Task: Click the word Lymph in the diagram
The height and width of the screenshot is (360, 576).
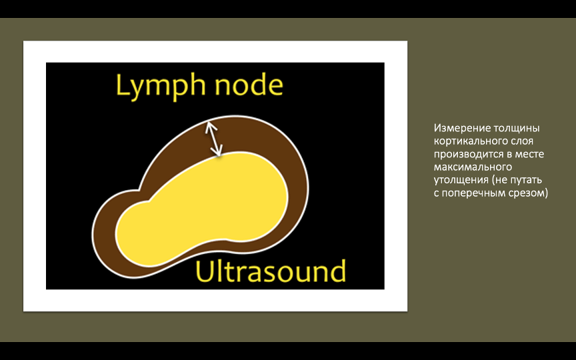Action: tap(161, 87)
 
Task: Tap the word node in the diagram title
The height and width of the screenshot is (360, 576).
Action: tap(249, 85)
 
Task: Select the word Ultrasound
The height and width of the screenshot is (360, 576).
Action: tap(271, 271)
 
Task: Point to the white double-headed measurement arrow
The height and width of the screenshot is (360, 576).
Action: tap(214, 139)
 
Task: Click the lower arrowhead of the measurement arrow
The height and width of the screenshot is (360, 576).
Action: tap(217, 151)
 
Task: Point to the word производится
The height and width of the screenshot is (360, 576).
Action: tap(469, 154)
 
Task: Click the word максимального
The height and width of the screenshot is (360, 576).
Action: tap(473, 167)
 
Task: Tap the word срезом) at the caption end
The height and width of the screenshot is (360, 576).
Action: tap(528, 193)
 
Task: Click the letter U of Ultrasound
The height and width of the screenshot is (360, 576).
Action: tap(204, 272)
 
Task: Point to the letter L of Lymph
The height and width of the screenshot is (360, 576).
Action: tap(122, 85)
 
